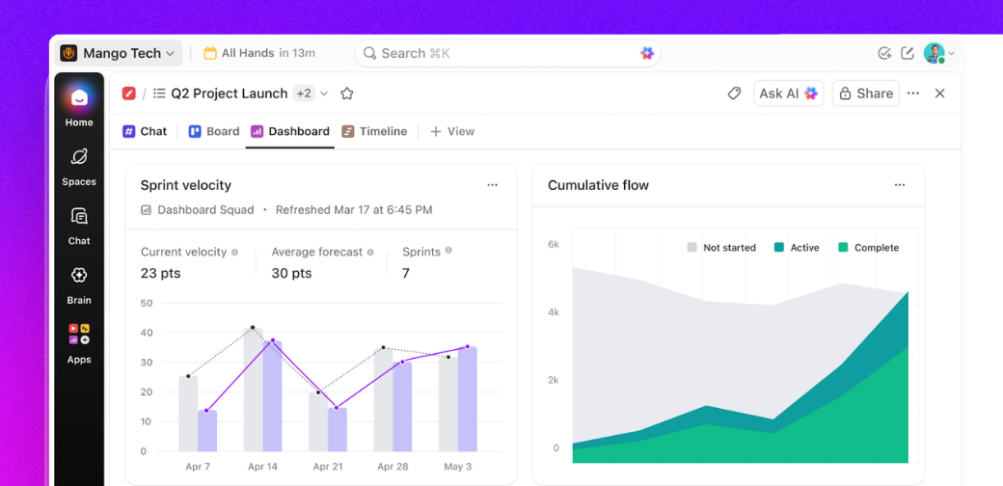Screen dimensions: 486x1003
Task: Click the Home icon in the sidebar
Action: click(x=79, y=98)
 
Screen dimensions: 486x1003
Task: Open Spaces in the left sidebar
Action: click(x=79, y=157)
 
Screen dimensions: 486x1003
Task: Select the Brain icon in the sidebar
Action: click(x=79, y=276)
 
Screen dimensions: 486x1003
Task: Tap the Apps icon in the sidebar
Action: click(x=79, y=335)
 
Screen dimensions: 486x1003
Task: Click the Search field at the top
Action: click(x=501, y=53)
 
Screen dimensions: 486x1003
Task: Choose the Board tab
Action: click(x=213, y=131)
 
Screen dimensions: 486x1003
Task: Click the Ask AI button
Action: click(x=788, y=94)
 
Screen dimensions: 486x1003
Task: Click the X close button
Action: click(x=939, y=94)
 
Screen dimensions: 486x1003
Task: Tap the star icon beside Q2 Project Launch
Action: click(x=347, y=94)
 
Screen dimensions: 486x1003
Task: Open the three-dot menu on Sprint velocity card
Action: click(x=492, y=185)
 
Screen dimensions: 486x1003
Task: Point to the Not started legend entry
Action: click(x=720, y=248)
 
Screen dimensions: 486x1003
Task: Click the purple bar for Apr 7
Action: click(x=207, y=431)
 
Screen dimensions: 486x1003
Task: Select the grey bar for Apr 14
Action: click(x=253, y=391)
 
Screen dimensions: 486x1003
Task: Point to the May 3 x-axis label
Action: click(x=457, y=467)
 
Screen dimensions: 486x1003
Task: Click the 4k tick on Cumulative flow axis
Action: click(x=554, y=312)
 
